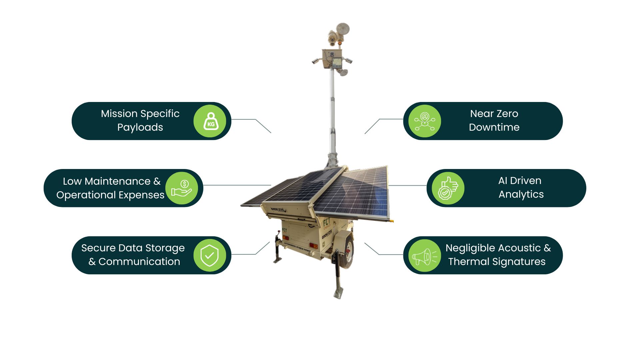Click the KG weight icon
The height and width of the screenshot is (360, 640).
point(210,121)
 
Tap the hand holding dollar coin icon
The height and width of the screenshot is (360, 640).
point(181,188)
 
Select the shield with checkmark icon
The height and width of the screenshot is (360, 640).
point(209,255)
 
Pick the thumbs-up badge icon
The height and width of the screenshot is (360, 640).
point(448,188)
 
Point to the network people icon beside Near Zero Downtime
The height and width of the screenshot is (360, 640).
point(424,121)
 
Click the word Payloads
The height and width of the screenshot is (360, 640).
point(140,127)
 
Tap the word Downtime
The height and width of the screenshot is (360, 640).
point(494,127)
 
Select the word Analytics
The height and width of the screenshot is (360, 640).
point(521,194)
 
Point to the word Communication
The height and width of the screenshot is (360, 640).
point(139,262)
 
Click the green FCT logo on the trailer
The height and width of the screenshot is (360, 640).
point(327,223)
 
